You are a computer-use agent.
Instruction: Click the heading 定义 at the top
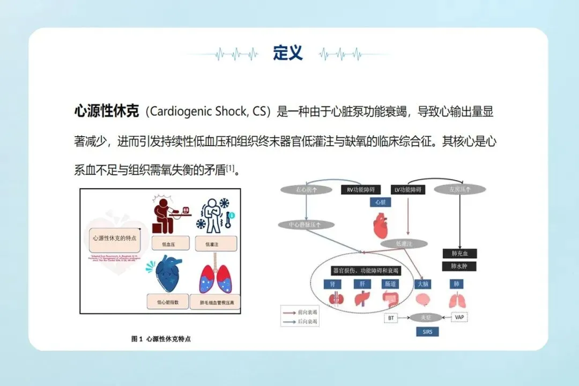(288, 53)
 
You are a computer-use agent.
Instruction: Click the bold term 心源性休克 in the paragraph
(106, 112)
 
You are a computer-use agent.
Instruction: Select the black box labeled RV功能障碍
(361, 189)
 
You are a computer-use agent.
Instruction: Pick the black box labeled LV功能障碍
(408, 189)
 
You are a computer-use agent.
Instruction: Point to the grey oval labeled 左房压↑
(459, 189)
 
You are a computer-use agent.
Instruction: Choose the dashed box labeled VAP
(459, 317)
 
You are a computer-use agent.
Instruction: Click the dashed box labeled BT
(390, 318)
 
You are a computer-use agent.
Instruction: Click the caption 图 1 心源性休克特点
(161, 339)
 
